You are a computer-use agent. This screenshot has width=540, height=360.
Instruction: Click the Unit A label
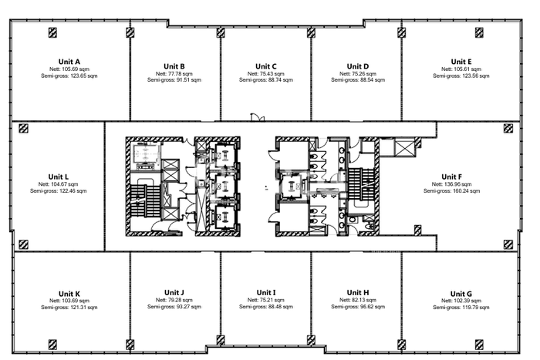[x=69, y=62]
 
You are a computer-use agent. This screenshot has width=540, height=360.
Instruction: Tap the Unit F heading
[x=451, y=177]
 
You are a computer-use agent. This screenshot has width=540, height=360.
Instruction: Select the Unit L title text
[x=58, y=177]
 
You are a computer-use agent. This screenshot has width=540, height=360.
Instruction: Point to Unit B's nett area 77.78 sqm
[x=174, y=74]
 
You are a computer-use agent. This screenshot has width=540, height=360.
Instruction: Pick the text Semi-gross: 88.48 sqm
[x=266, y=306]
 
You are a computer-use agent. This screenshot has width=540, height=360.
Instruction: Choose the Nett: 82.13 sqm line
[x=358, y=300]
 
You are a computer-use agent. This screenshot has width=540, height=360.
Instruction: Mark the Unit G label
[x=461, y=294]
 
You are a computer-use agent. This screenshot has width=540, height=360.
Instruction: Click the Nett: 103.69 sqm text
[x=69, y=301]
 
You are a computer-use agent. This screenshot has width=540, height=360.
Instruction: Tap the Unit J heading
[x=174, y=292]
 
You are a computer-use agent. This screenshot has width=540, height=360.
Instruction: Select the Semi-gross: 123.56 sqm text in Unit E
[x=461, y=76]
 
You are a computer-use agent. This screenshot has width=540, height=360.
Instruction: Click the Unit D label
[x=358, y=66]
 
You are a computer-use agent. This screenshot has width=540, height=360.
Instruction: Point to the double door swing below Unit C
[x=257, y=117]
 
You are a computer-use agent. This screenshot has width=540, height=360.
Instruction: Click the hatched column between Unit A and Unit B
[x=130, y=32]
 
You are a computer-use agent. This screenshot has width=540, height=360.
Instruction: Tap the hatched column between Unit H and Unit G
[x=401, y=344]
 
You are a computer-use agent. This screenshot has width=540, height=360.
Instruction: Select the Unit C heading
[x=266, y=66]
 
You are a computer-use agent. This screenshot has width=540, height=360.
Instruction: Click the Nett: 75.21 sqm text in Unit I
[x=266, y=300]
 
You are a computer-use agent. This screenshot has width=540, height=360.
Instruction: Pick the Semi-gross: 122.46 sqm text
[x=58, y=190]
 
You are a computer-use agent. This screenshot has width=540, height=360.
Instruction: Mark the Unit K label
[x=69, y=294]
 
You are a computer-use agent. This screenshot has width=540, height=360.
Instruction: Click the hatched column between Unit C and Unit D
[x=311, y=32]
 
